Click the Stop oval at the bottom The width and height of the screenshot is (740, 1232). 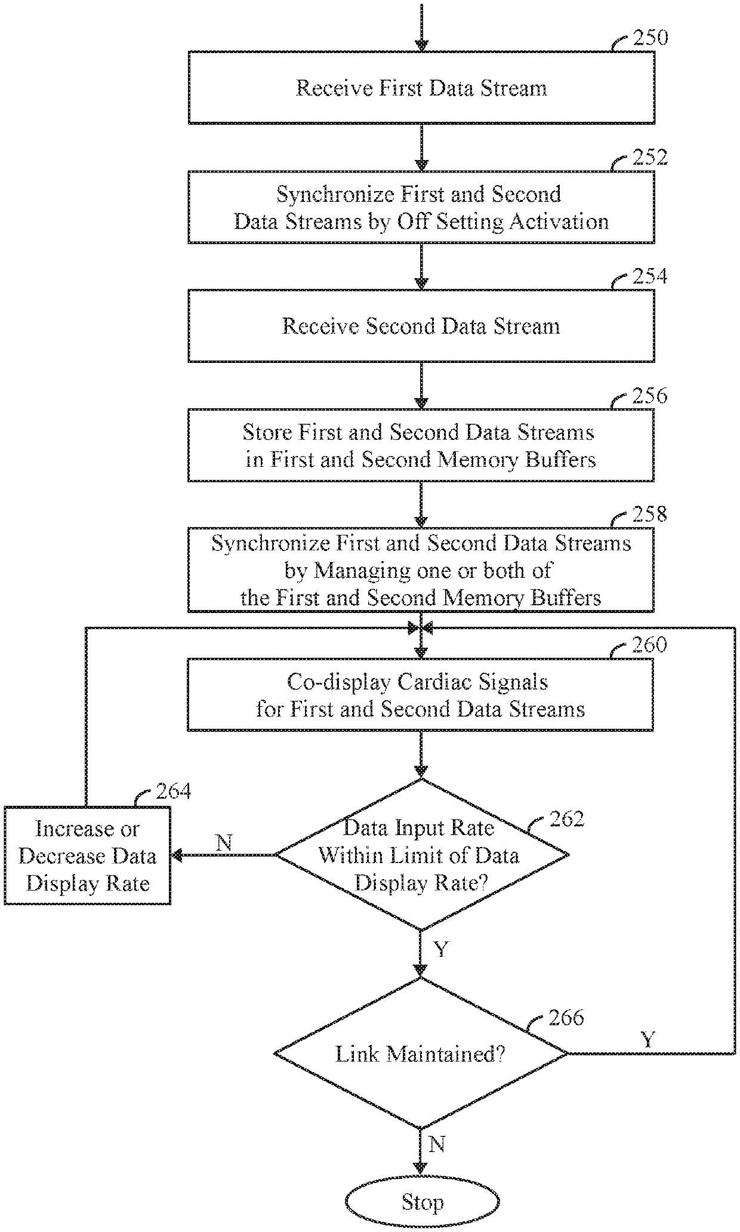(x=422, y=1201)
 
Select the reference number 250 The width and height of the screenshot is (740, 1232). (x=650, y=38)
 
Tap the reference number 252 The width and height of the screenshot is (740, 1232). (x=650, y=158)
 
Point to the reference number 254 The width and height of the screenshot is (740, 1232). (x=650, y=277)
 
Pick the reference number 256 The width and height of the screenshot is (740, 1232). (x=650, y=396)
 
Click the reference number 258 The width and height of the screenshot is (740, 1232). (x=650, y=515)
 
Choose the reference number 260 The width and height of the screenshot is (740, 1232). (x=650, y=645)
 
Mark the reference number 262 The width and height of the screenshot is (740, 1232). (x=567, y=819)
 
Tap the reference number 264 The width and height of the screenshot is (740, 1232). (x=174, y=791)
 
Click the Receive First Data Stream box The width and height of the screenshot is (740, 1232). (x=421, y=88)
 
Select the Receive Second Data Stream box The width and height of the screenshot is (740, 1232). (x=421, y=326)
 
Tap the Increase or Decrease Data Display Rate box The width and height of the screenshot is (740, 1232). (x=88, y=856)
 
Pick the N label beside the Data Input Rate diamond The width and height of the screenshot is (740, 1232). (x=224, y=843)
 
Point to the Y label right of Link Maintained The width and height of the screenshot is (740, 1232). (x=648, y=1040)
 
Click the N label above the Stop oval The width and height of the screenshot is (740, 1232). (x=437, y=1144)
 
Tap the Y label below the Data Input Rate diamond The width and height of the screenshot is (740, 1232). (x=440, y=949)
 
